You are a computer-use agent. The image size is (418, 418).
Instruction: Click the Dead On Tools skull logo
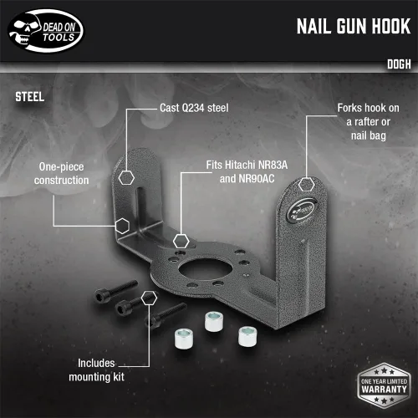pos(46,31)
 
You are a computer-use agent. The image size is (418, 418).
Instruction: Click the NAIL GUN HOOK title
pos(354,27)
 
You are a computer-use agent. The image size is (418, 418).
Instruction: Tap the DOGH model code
pos(399,64)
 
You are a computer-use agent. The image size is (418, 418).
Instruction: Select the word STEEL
pos(29,97)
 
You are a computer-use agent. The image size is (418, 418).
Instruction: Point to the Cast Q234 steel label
pos(194,108)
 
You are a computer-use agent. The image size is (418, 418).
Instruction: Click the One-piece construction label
pos(62,173)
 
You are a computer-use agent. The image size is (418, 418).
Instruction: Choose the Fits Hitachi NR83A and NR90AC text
pos(247,171)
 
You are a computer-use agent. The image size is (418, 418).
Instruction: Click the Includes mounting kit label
pos(96,370)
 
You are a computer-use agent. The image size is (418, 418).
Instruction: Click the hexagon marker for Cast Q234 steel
pos(126,178)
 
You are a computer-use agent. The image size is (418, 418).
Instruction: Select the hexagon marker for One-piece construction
pos(122,226)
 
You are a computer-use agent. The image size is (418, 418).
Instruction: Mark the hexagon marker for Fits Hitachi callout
pos(181,241)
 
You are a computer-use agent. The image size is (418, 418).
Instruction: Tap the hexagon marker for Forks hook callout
pos(307,184)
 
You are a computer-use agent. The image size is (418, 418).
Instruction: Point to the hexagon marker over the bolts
pos(149,298)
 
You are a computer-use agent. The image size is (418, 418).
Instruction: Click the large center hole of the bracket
pos(206,269)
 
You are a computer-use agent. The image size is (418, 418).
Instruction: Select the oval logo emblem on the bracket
pos(301,211)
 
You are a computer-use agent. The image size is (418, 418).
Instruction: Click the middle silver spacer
pos(214,322)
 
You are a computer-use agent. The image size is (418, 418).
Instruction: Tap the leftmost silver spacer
pos(184,339)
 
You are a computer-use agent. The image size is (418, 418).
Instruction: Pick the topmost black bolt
pos(115,292)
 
